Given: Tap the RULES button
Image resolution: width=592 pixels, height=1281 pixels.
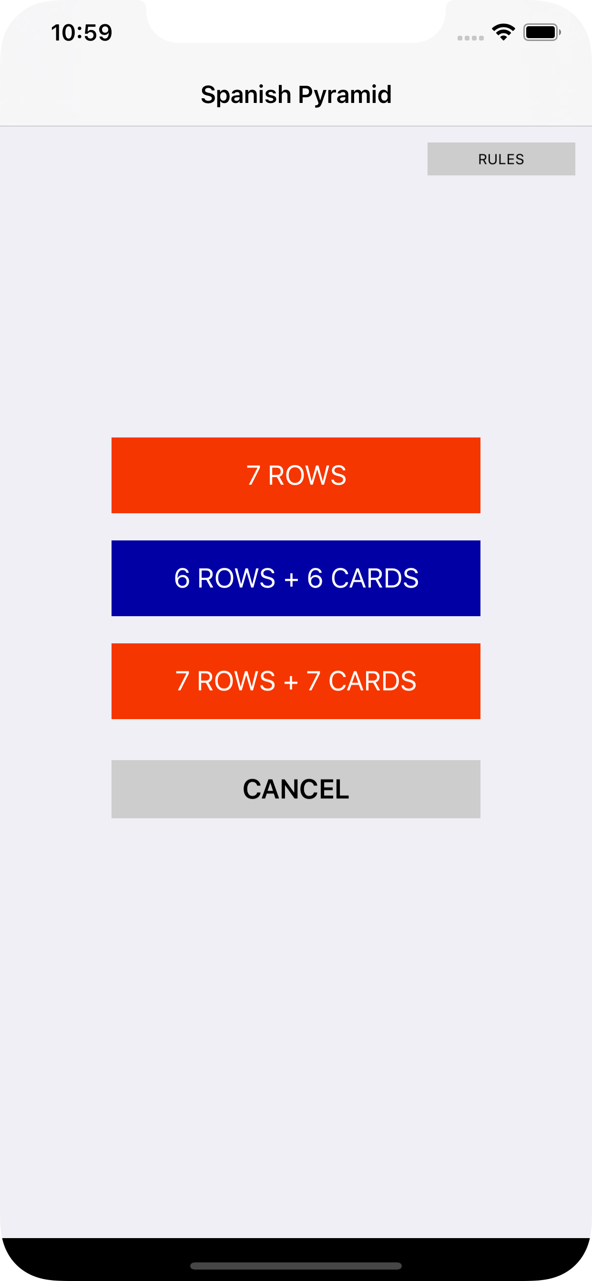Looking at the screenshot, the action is (x=501, y=159).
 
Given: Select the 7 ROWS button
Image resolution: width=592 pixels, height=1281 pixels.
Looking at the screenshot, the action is (x=296, y=476).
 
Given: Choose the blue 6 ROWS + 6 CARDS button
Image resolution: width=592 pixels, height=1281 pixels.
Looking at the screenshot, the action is (x=296, y=579).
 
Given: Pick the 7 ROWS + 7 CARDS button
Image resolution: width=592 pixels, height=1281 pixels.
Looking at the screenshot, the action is (x=296, y=681).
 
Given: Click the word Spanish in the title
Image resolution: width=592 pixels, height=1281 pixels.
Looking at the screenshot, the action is (x=246, y=94).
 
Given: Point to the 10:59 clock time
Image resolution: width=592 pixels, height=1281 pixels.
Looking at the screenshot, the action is (x=82, y=33).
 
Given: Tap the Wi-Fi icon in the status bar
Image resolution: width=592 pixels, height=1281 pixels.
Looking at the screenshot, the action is (x=503, y=32).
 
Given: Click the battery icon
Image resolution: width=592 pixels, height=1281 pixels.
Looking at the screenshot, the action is (x=542, y=32).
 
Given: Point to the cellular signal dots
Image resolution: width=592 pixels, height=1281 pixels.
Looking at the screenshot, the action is (x=470, y=38).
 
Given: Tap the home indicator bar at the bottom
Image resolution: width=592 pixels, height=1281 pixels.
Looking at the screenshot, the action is (x=296, y=1266).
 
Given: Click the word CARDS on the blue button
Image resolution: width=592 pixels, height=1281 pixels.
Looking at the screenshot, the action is (x=375, y=579).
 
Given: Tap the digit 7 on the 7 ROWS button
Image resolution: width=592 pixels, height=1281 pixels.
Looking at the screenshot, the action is (x=253, y=476).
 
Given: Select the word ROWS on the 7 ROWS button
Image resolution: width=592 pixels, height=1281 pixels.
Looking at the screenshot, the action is (x=307, y=476).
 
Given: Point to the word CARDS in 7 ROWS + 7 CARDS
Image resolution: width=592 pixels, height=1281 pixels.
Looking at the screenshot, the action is (x=373, y=681).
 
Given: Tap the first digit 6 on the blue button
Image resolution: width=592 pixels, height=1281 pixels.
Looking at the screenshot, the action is (x=182, y=579).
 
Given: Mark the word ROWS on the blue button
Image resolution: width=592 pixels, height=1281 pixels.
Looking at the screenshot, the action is (x=236, y=579).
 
